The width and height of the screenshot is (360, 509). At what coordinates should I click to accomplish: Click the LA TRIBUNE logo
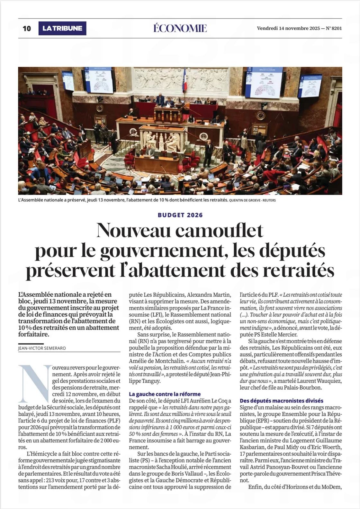(62, 28)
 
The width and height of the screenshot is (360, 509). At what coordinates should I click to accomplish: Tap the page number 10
(27, 28)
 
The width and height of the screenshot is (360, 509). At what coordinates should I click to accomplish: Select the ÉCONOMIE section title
(180, 28)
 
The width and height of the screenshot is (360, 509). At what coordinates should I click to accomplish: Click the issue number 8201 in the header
(337, 28)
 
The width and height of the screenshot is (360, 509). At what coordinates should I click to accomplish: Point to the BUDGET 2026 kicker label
(180, 215)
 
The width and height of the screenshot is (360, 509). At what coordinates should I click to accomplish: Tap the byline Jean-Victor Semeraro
(42, 348)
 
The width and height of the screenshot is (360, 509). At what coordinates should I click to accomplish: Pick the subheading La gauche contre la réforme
(165, 394)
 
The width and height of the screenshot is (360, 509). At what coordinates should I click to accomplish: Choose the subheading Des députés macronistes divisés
(282, 401)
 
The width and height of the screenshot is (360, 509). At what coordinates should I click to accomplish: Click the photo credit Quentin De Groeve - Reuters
(252, 200)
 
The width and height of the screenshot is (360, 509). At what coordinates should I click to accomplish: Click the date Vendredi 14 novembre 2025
(288, 28)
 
